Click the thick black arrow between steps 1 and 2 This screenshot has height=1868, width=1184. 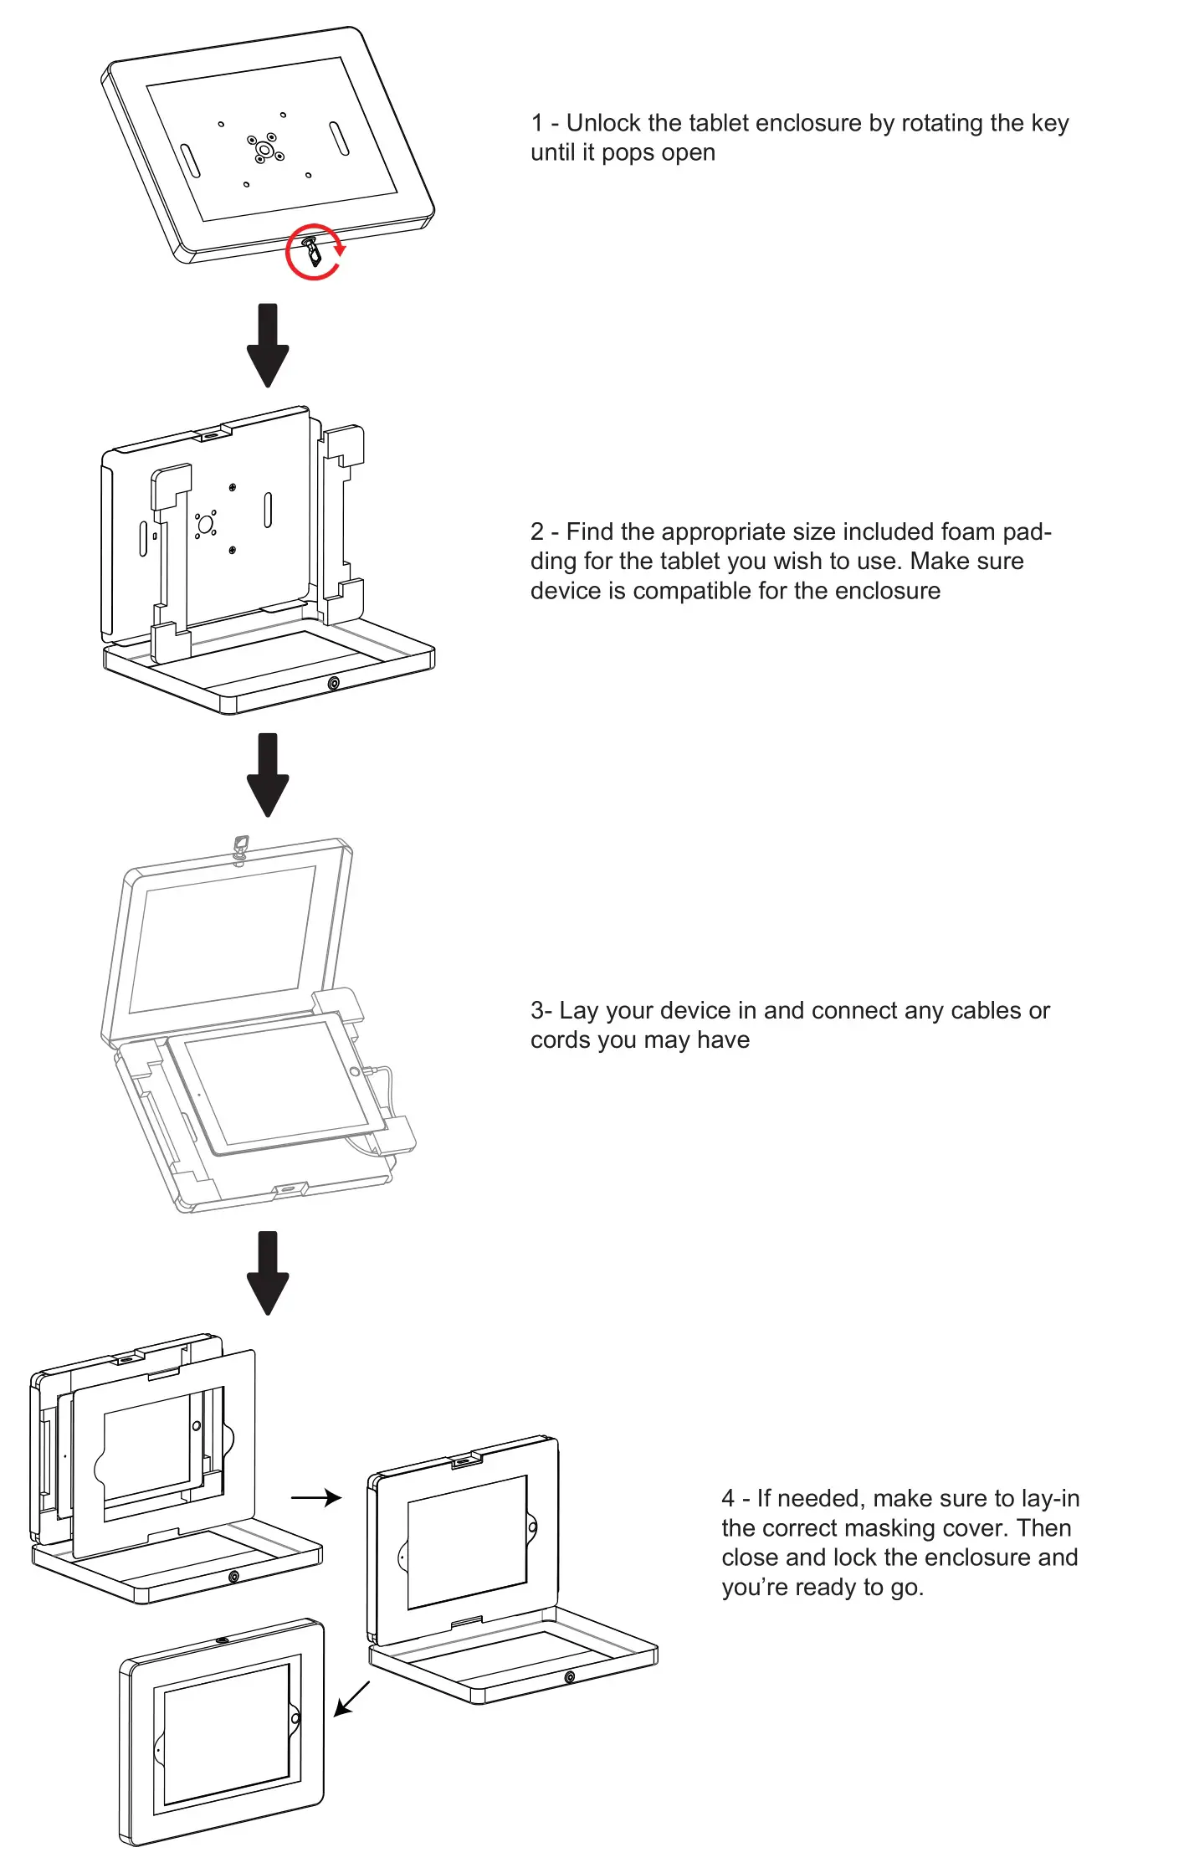(268, 345)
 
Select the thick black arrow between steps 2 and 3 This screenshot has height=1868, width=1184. (268, 775)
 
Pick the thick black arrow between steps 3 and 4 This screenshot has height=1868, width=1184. (268, 1272)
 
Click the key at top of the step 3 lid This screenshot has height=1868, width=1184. (241, 847)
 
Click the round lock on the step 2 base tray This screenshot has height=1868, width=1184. (334, 683)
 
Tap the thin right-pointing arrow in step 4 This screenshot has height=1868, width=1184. (316, 1497)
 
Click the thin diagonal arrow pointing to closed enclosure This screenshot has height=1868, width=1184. (351, 1698)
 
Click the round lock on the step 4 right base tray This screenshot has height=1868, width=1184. (569, 1677)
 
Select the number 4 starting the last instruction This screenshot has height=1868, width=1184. (728, 1498)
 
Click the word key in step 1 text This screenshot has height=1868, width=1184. (1050, 123)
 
